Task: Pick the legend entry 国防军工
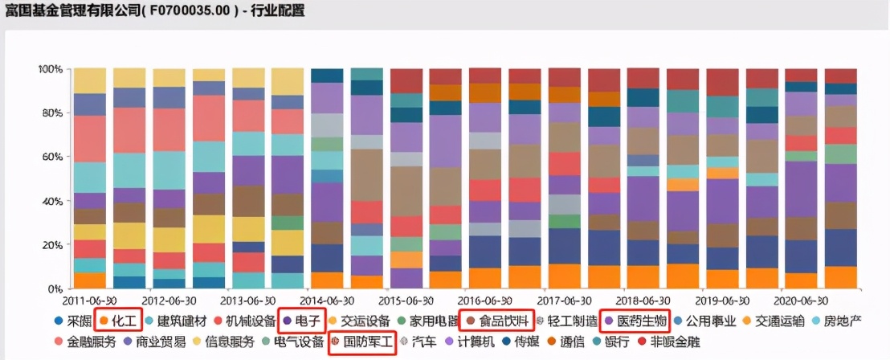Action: click(x=365, y=342)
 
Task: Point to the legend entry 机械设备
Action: click(x=247, y=321)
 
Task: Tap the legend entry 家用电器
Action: click(x=432, y=321)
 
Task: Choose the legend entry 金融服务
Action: click(x=87, y=342)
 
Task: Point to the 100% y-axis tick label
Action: click(x=50, y=70)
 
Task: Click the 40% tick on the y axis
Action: click(x=52, y=201)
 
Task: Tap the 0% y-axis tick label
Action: click(x=55, y=288)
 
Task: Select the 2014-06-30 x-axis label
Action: click(x=331, y=300)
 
